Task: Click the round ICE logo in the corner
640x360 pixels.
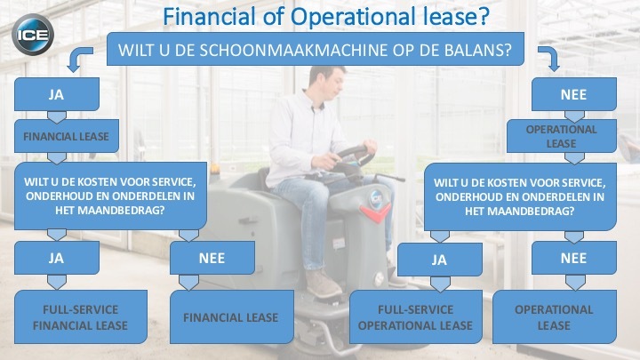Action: pyautogui.click(x=33, y=35)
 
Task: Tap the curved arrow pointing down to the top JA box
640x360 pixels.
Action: pyautogui.click(x=78, y=59)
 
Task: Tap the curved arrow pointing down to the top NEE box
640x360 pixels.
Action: pyautogui.click(x=550, y=58)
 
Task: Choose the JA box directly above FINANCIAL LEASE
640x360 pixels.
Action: pyautogui.click(x=57, y=94)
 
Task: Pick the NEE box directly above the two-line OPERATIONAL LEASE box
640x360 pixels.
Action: pyautogui.click(x=574, y=94)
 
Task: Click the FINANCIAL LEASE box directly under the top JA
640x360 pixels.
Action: pyautogui.click(x=67, y=136)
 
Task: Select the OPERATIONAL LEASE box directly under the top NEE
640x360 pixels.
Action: pyautogui.click(x=561, y=136)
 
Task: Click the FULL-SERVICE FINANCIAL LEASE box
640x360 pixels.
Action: pyautogui.click(x=81, y=316)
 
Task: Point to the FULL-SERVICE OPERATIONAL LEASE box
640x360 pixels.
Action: pyautogui.click(x=415, y=316)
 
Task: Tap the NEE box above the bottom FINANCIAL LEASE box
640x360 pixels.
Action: pyautogui.click(x=212, y=258)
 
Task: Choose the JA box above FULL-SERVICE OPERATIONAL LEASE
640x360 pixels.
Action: pyautogui.click(x=440, y=260)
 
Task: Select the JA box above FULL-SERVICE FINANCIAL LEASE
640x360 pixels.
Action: pyautogui.click(x=57, y=258)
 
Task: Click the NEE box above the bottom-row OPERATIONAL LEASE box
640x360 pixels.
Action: pyautogui.click(x=574, y=258)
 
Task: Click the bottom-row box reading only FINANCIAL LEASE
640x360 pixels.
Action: pyautogui.click(x=231, y=316)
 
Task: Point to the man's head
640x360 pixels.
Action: pyautogui.click(x=325, y=81)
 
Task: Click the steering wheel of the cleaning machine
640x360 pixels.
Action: pyautogui.click(x=355, y=155)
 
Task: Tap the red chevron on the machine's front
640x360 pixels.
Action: pyautogui.click(x=375, y=213)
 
